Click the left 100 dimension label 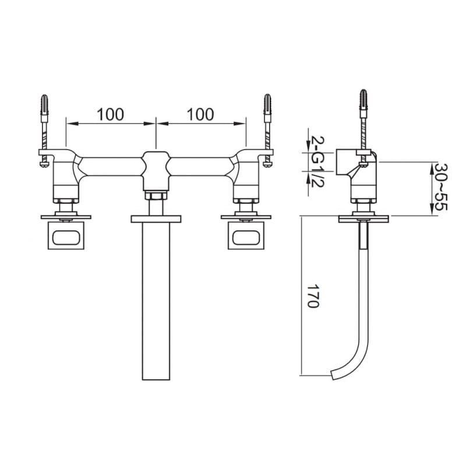click(x=110, y=114)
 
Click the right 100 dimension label click(x=200, y=114)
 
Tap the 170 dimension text click(x=313, y=296)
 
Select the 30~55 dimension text click(x=440, y=187)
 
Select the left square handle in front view click(x=66, y=235)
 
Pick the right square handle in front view click(x=246, y=235)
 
